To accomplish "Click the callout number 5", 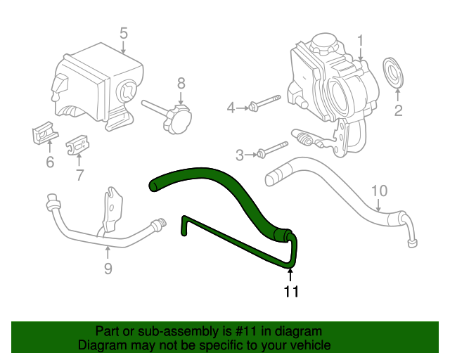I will tap(123, 32).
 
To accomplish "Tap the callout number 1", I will tap(360, 41).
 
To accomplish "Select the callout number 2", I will tap(398, 110).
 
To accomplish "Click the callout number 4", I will tap(230, 108).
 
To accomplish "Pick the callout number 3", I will tap(240, 154).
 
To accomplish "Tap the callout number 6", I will tap(50, 163).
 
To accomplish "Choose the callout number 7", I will tap(79, 174).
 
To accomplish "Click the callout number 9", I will tap(108, 269).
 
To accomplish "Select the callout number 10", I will tap(379, 190).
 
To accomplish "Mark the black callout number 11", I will tap(291, 292).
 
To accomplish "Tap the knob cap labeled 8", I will tap(176, 119).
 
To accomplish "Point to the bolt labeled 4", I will tap(262, 107).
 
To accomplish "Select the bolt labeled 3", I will tap(271, 150).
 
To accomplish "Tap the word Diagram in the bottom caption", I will tap(98, 345).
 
